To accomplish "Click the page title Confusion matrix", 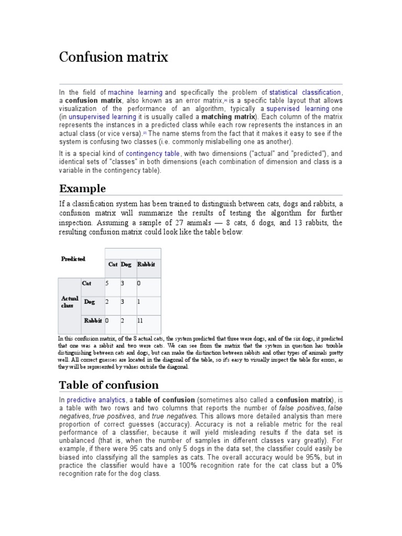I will point(113,57).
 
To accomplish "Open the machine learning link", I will point(135,92).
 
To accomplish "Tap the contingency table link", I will point(153,154).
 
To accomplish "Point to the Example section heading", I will point(82,188).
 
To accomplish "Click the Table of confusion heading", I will point(108,385).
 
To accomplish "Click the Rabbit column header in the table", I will point(146,264).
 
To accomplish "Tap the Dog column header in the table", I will point(126,264).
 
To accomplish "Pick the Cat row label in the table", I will point(86,283).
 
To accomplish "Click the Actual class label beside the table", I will point(70,302).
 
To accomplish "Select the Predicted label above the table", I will point(73,259).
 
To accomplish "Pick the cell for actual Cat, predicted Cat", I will point(107,283).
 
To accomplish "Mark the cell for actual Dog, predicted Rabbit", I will point(139,302).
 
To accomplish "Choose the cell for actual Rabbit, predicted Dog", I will point(122,320).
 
